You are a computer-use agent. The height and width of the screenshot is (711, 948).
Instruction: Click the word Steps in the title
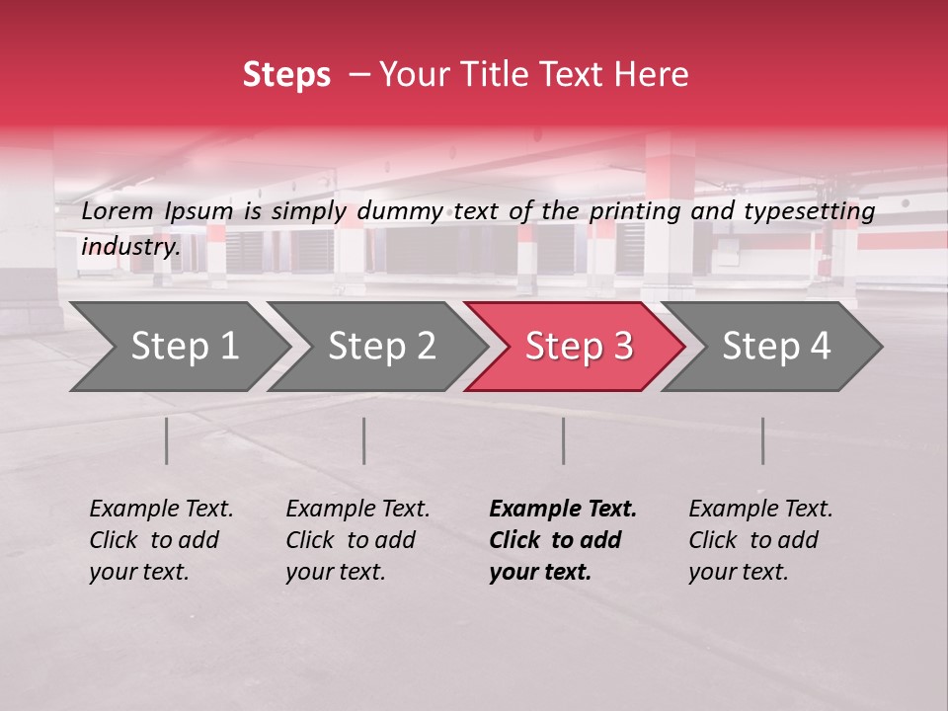pyautogui.click(x=286, y=75)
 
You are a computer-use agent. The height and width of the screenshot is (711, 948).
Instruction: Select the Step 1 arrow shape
pyautogui.click(x=178, y=347)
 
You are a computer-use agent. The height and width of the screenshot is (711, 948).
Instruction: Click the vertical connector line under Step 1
pyautogui.click(x=167, y=440)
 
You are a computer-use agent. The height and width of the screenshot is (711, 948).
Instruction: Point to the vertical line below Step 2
pyautogui.click(x=364, y=440)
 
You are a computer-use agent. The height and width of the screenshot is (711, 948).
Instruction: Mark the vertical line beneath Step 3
pyautogui.click(x=564, y=440)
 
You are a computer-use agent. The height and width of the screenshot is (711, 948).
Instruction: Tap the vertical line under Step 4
pyautogui.click(x=763, y=440)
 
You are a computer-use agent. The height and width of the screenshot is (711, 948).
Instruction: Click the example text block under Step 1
pyautogui.click(x=161, y=540)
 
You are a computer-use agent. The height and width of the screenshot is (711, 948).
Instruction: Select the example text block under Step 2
pyautogui.click(x=357, y=540)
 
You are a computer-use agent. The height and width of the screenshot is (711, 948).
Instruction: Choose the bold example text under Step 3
pyautogui.click(x=563, y=540)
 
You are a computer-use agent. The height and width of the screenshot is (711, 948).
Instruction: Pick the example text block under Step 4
pyautogui.click(x=760, y=540)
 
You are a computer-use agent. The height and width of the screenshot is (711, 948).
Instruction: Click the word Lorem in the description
pyautogui.click(x=118, y=211)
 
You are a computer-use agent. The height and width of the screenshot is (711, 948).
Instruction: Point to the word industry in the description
pyautogui.click(x=130, y=247)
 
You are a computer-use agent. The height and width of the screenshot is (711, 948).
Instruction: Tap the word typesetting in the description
pyautogui.click(x=810, y=211)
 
